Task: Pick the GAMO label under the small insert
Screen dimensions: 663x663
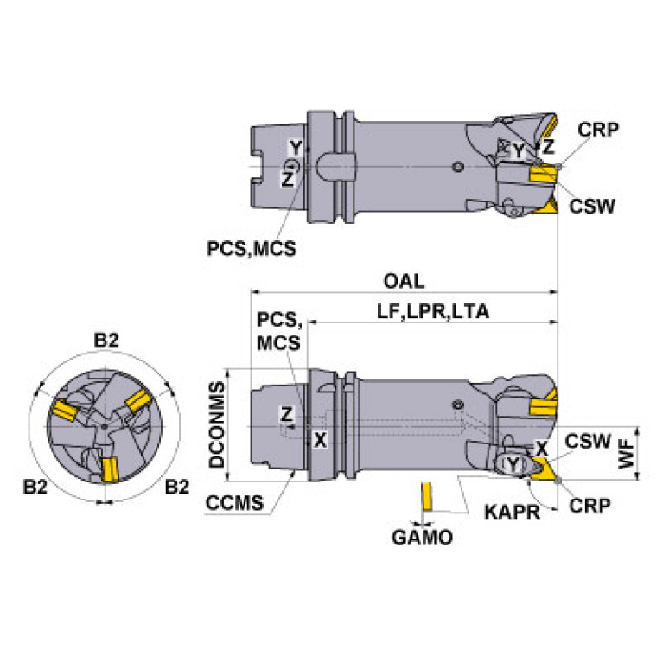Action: tap(423, 539)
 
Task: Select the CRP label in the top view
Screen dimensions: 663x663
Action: tap(597, 130)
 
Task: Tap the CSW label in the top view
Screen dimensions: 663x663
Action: tap(592, 207)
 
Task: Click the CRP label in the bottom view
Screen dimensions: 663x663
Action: tap(590, 505)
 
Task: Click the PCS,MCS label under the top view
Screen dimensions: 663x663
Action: tap(251, 249)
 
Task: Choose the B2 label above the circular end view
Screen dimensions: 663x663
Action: tap(105, 341)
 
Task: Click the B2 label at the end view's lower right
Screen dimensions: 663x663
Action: tap(176, 487)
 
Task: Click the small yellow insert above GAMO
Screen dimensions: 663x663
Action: tap(425, 499)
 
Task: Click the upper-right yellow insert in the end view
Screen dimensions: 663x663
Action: tap(140, 401)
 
